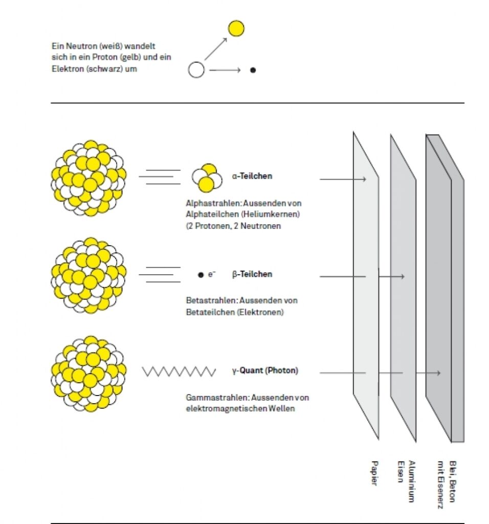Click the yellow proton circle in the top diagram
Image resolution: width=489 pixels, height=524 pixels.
coord(236,29)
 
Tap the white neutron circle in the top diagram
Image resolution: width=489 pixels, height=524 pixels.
coord(196,70)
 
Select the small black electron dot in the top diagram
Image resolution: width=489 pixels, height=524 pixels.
coord(253,70)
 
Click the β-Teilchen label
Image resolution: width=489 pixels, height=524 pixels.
coord(252,274)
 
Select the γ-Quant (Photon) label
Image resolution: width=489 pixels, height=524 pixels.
coord(265,370)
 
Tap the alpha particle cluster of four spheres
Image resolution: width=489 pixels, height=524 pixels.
coord(207,177)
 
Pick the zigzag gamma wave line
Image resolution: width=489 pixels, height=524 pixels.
coord(179,371)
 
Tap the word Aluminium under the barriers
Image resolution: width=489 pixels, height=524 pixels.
coord(411,480)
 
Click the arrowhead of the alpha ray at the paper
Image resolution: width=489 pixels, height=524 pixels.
coord(364,179)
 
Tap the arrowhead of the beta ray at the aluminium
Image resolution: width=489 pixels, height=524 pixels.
coord(403,276)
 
